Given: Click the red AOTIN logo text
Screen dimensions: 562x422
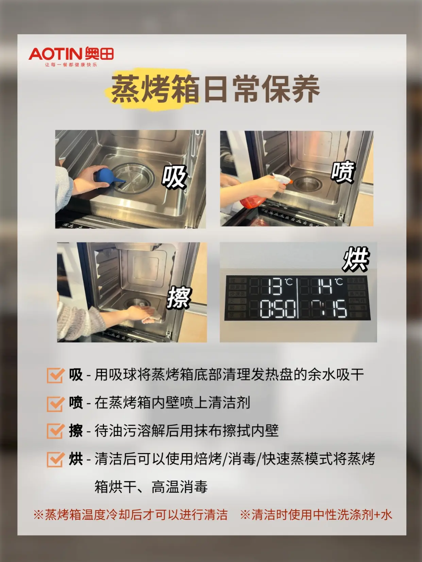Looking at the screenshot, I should pos(56,54).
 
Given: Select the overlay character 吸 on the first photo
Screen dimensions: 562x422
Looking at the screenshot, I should pos(174,177).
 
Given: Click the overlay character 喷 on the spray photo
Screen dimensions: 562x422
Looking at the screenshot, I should pos(343,172).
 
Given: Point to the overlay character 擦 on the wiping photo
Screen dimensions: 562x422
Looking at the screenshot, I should pos(179,297).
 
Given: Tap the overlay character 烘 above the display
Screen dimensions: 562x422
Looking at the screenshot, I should pos(356,259).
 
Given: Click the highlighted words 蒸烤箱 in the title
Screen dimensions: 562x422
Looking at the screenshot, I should pos(155,89).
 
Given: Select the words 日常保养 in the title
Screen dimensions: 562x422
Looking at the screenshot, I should pos(261,89).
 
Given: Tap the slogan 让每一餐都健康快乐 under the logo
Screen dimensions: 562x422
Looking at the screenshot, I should pos(71,65).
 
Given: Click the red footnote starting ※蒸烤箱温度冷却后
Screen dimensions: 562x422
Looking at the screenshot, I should pos(130,514).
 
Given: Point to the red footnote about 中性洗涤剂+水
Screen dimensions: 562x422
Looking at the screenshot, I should pos(316,514).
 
